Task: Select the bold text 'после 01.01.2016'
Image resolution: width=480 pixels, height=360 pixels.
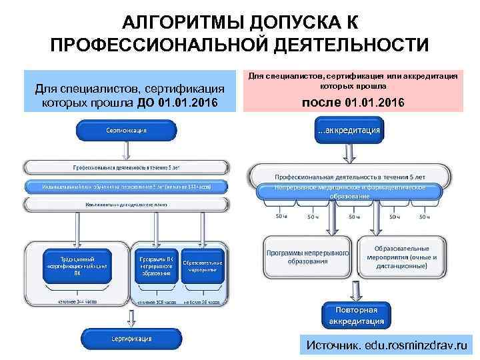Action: point(353,103)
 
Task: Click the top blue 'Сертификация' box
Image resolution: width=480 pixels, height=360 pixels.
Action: point(126,131)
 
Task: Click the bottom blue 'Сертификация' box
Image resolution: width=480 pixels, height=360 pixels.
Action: point(126,339)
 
